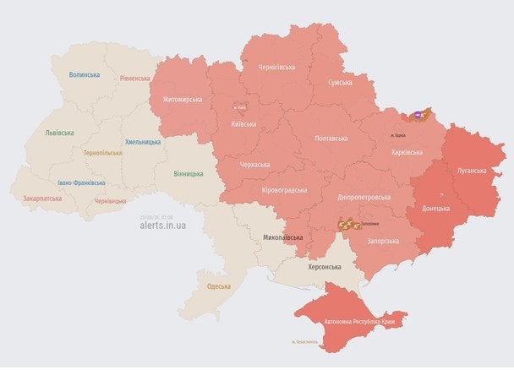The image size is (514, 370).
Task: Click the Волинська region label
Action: click(85, 74)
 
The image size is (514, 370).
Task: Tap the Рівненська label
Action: click(135, 79)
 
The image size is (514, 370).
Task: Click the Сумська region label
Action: click(340, 82)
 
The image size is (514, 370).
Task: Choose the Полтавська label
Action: click(331, 137)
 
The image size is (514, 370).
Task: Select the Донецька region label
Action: click(436, 207)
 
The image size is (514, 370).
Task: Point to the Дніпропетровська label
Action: click(364, 197)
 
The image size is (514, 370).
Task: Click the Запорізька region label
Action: click(383, 241)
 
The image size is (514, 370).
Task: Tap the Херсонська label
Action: click(325, 267)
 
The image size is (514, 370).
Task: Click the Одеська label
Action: click(219, 286)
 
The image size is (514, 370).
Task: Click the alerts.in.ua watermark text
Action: click(163, 226)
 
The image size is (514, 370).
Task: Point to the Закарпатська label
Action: click(42, 199)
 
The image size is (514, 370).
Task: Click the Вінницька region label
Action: click(189, 174)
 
